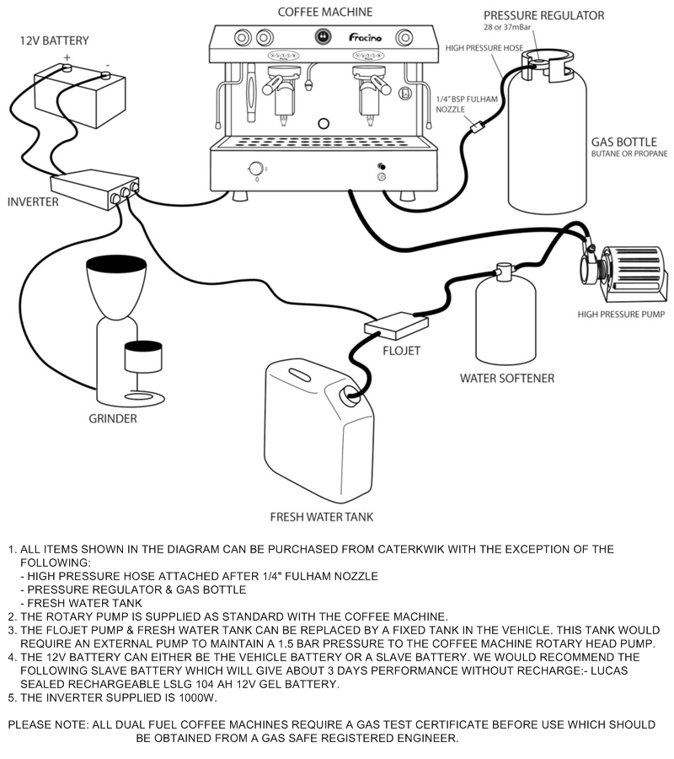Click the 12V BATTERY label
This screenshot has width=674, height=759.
pos(55,40)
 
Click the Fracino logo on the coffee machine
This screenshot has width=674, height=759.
pos(364,37)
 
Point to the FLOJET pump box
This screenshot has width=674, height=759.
pos(396,323)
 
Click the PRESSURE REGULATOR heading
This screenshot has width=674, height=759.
pos(555,15)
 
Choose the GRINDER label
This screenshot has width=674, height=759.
pos(112,418)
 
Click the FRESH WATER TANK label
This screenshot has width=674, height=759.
pos(321,516)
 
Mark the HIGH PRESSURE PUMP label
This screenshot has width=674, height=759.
pos(621,315)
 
